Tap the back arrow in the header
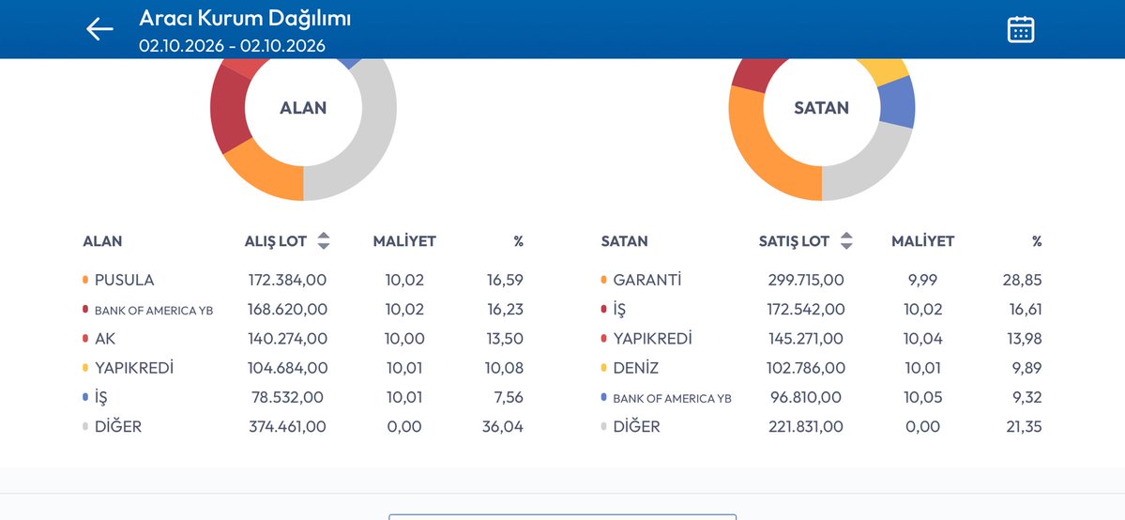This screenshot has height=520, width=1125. [x=99, y=29]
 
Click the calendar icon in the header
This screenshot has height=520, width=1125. [x=1020, y=29]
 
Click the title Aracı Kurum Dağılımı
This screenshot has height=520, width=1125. [x=245, y=18]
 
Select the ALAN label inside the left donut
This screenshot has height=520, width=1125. [x=303, y=108]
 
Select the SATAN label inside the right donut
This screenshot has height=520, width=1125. [x=822, y=108]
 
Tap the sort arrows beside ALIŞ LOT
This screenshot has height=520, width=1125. [x=324, y=241]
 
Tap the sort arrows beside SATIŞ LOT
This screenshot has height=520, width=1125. [x=846, y=241]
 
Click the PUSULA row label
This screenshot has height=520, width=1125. [x=124, y=280]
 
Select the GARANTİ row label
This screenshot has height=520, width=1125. [x=647, y=280]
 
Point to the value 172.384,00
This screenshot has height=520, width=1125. [x=288, y=280]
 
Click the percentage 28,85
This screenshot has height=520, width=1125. [x=1023, y=280]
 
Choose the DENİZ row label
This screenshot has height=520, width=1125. [x=635, y=369]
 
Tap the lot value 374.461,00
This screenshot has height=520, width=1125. [x=288, y=427]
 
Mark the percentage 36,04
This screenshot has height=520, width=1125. [x=503, y=427]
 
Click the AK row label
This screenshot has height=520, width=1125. [x=105, y=339]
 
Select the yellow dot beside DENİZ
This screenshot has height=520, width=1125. [x=604, y=368]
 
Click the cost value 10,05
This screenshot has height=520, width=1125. [x=923, y=397]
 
